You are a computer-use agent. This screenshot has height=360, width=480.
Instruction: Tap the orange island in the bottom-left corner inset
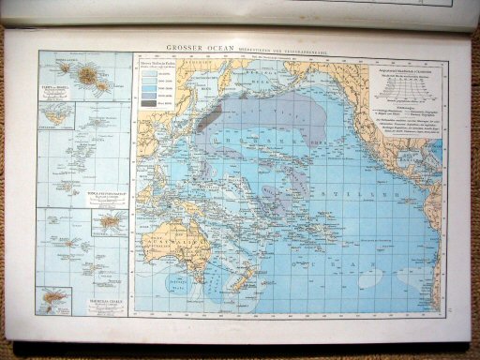click(x=53, y=300)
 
